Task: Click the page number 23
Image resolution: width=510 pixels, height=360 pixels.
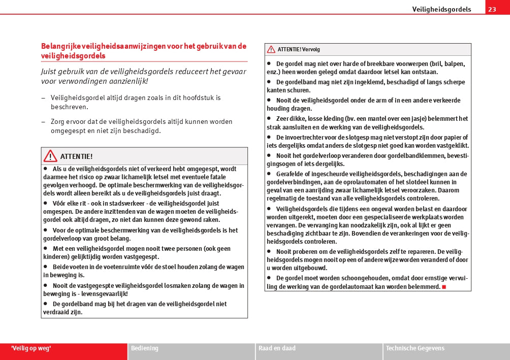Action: pyautogui.click(x=492, y=9)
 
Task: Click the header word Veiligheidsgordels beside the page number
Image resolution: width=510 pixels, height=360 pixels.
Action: pyautogui.click(x=441, y=9)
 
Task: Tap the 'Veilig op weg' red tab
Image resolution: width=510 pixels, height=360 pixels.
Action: pyautogui.click(x=31, y=348)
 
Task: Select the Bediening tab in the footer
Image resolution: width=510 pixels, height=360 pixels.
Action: pyautogui.click(x=145, y=348)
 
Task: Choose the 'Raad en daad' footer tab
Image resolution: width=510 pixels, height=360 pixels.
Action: pyautogui.click(x=277, y=348)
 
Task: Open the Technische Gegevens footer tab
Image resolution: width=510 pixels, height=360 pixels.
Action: pyautogui.click(x=415, y=348)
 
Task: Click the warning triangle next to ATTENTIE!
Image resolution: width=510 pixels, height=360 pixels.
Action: pyautogui.click(x=50, y=156)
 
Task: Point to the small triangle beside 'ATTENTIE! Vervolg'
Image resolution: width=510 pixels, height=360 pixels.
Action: pyautogui.click(x=271, y=50)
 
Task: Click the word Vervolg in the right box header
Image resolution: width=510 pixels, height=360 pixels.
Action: pyautogui.click(x=311, y=50)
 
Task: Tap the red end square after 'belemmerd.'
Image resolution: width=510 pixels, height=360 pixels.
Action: pyautogui.click(x=443, y=287)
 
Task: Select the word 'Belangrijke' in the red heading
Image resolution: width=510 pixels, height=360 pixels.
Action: pyautogui.click(x=60, y=46)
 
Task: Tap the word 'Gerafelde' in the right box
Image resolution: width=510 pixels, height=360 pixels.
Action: pyautogui.click(x=292, y=174)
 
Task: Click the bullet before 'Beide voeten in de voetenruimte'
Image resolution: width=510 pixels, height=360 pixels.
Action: pyautogui.click(x=45, y=267)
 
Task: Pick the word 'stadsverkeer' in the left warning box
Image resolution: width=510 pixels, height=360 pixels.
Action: pyautogui.click(x=112, y=203)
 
